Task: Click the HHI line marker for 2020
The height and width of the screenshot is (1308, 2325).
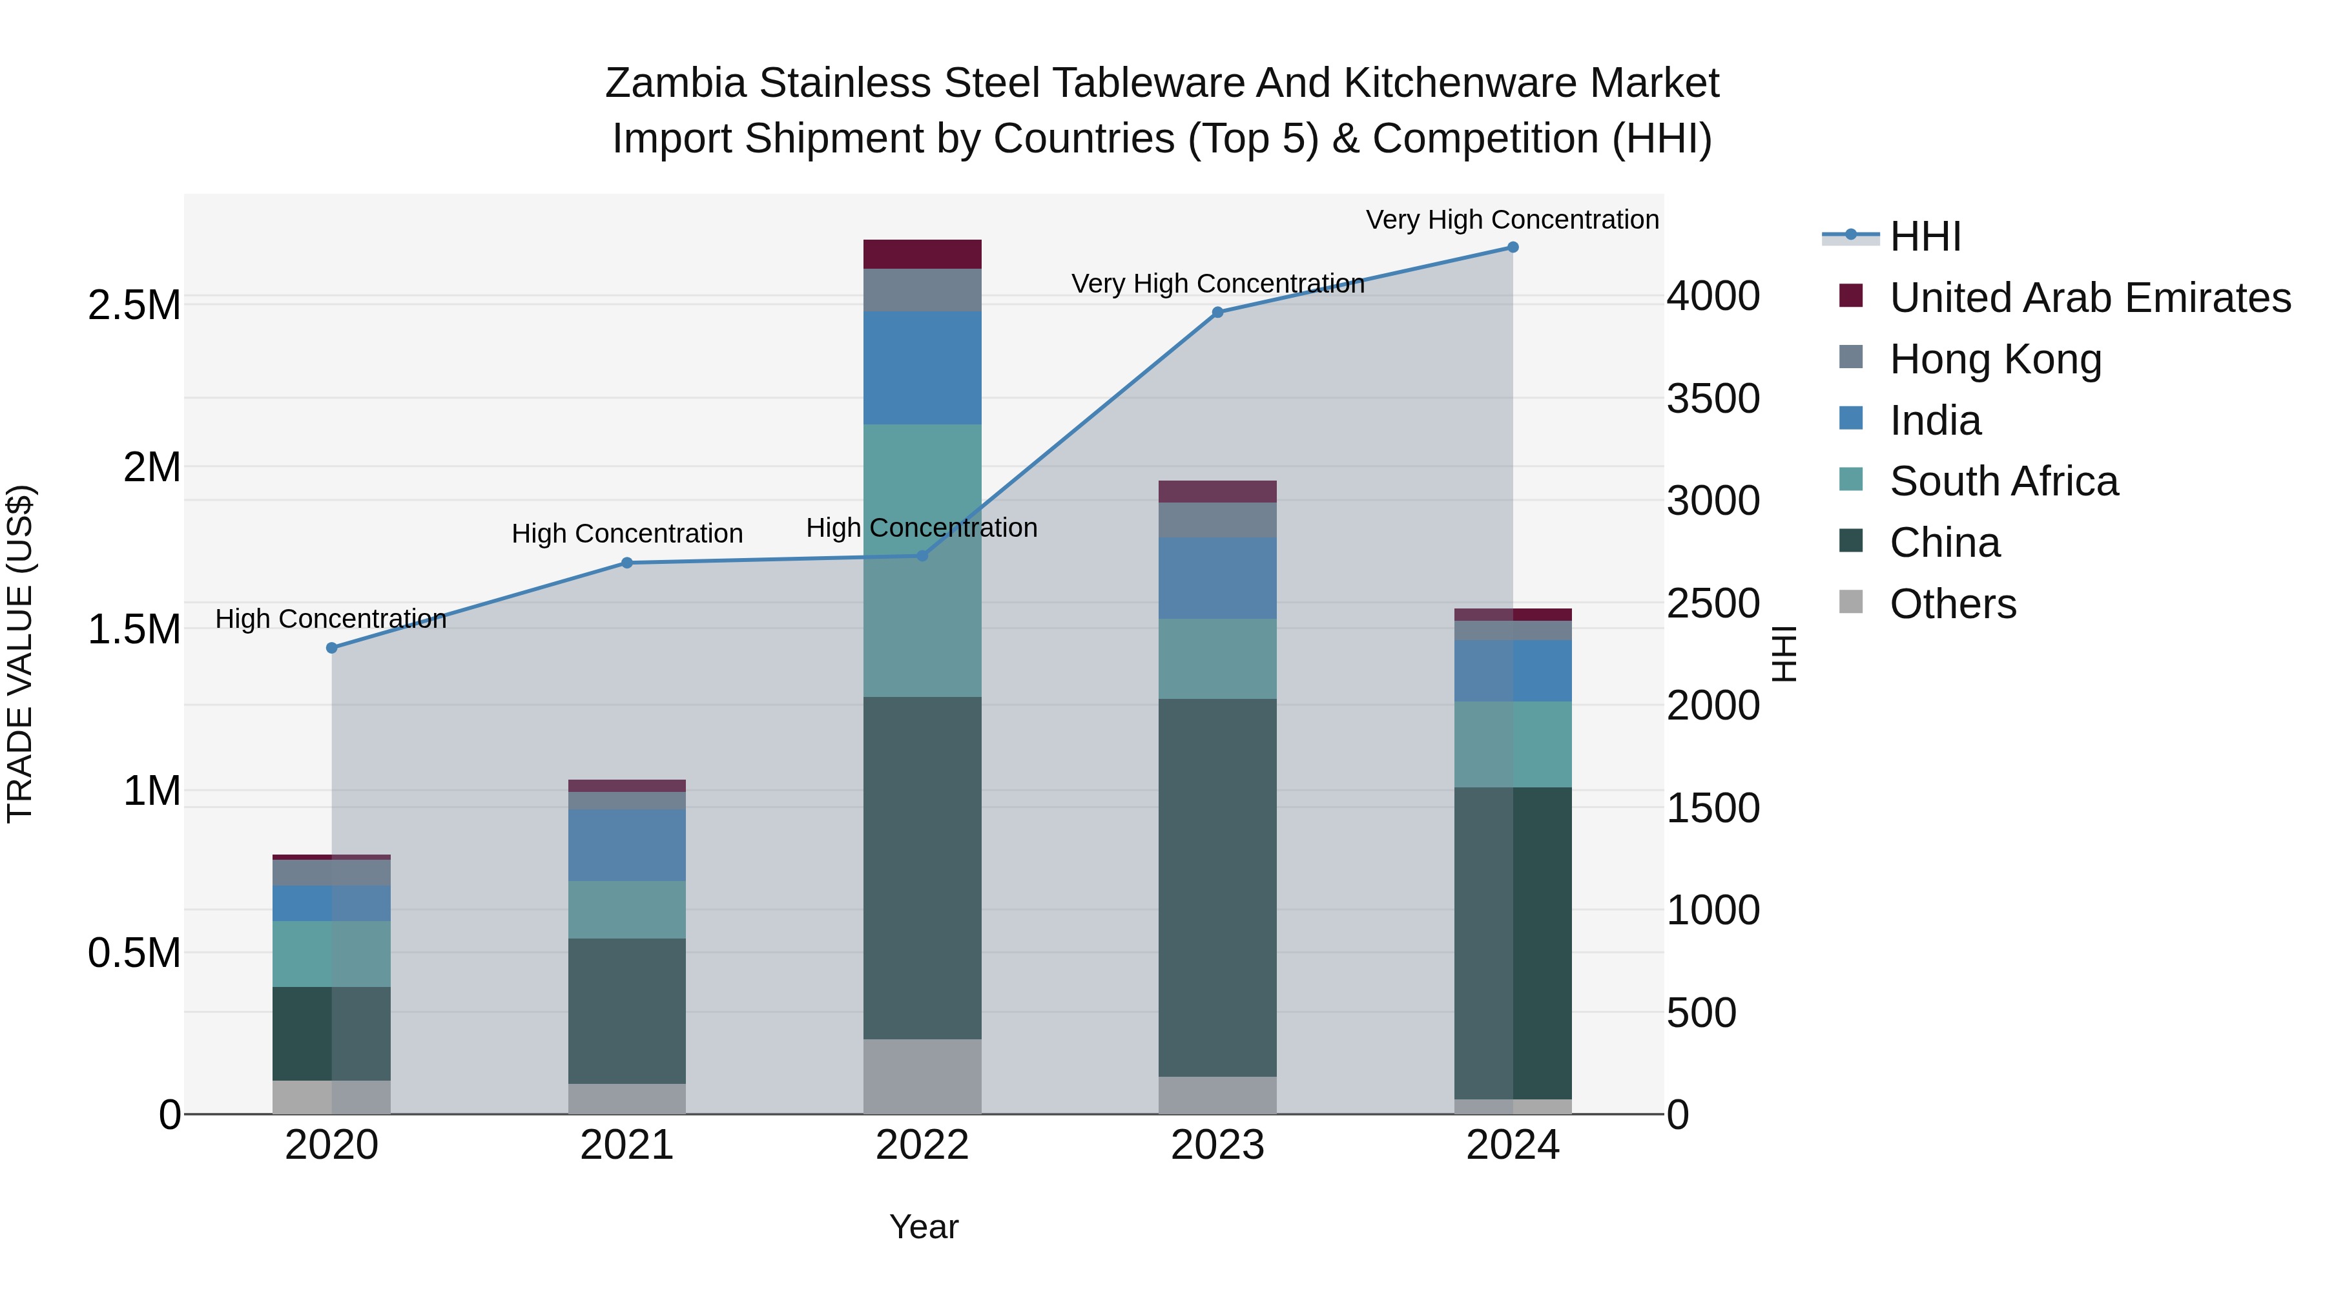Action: pos(331,647)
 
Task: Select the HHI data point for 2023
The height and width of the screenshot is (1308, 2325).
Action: pos(1217,313)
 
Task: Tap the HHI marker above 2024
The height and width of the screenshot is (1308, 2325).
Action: pos(1513,247)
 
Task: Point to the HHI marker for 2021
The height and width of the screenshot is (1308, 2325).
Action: pos(627,563)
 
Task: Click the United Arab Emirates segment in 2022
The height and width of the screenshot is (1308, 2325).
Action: pos(922,254)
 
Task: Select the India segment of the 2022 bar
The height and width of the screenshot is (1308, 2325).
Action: pos(922,368)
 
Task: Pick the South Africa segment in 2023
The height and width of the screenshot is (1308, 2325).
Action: pos(1217,658)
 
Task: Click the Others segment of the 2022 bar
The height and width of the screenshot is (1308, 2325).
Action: pos(922,1076)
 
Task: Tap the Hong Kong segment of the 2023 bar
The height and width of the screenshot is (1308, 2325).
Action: pos(1217,520)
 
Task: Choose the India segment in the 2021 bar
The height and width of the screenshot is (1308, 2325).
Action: pos(627,845)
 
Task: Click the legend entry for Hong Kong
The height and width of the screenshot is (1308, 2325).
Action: pos(1996,359)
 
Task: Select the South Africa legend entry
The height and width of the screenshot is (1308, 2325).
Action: pos(2003,481)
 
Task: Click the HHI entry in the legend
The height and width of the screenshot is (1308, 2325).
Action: pos(1925,236)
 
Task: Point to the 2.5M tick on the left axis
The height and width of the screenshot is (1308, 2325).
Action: pos(134,305)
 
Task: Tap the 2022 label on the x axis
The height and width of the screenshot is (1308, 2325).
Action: pos(922,1145)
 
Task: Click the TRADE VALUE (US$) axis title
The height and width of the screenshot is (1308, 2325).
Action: pos(21,654)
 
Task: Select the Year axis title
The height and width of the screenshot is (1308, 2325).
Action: pos(924,1227)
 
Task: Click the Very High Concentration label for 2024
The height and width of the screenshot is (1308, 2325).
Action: pos(1512,220)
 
